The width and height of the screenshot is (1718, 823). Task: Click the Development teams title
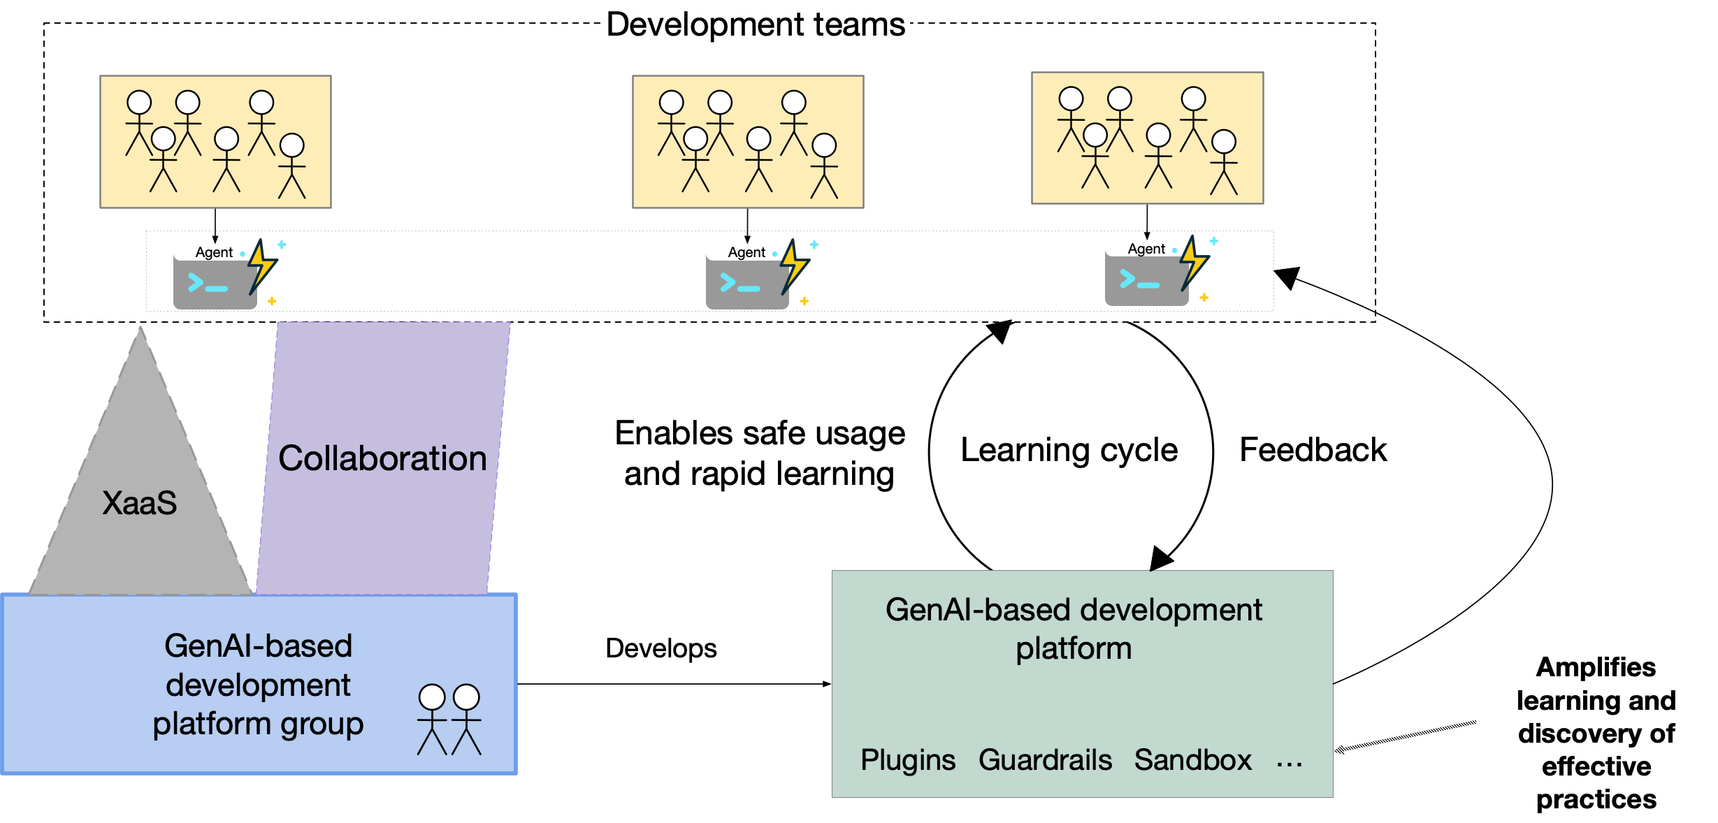tap(755, 25)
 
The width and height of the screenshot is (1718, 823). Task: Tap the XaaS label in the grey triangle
tap(140, 503)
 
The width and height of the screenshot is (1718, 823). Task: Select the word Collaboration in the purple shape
tap(382, 458)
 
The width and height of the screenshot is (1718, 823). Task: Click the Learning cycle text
tap(1069, 450)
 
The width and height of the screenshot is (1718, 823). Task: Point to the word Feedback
tap(1313, 450)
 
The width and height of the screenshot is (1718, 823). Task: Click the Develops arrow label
tap(661, 648)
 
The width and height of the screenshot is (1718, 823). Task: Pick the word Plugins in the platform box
tap(907, 760)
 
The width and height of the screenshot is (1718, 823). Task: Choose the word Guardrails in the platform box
tap(1045, 760)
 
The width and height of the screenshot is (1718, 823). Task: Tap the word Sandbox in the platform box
tap(1192, 760)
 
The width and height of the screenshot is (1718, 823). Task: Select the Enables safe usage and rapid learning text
tap(760, 453)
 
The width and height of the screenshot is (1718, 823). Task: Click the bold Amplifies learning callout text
tap(1596, 733)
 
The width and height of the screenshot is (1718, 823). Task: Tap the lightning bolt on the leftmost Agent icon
tap(262, 266)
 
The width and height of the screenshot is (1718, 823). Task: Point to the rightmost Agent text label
tap(1146, 249)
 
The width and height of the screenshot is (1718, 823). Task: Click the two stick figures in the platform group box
tap(449, 719)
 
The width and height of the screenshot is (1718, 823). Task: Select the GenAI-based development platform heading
tap(1074, 629)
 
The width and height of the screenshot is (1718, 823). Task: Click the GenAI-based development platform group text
tap(258, 685)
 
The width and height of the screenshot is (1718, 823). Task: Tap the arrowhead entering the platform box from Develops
tap(827, 684)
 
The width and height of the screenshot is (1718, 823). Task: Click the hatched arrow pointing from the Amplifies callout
tap(1405, 736)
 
